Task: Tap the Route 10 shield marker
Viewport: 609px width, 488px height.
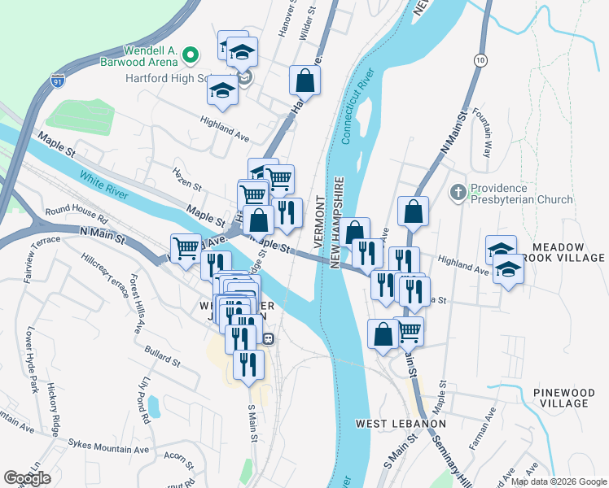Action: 481,60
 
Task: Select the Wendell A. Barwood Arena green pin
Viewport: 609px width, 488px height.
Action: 191,55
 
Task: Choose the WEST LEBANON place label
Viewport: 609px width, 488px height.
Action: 401,424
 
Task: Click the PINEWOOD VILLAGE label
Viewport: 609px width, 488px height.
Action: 569,398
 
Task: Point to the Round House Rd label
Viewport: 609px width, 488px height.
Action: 77,216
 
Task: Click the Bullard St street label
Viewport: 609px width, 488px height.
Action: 162,356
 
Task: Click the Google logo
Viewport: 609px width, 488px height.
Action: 28,478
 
